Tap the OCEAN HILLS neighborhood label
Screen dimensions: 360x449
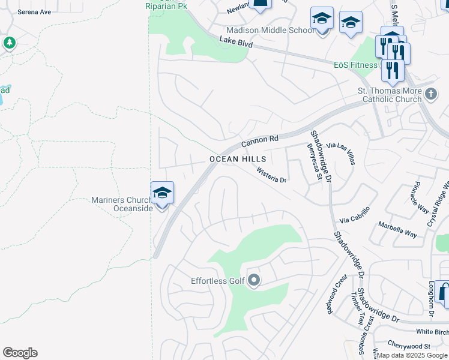[x=238, y=159]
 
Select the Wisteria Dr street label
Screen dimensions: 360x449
[x=273, y=175]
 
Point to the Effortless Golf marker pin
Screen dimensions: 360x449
[x=254, y=280]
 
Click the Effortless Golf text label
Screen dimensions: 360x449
[x=218, y=281]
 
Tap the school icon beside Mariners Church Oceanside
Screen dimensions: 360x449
[x=162, y=193]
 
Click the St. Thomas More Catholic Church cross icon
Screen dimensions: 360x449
[x=430, y=94]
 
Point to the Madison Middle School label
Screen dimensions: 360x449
[x=270, y=31]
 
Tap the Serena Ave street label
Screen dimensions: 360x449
[x=34, y=11]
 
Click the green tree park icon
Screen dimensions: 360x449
[x=9, y=43]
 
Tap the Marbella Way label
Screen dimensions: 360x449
[x=397, y=229]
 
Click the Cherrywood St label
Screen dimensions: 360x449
[x=409, y=346]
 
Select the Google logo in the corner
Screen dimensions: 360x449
[x=20, y=353]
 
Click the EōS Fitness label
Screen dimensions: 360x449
[x=355, y=65]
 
